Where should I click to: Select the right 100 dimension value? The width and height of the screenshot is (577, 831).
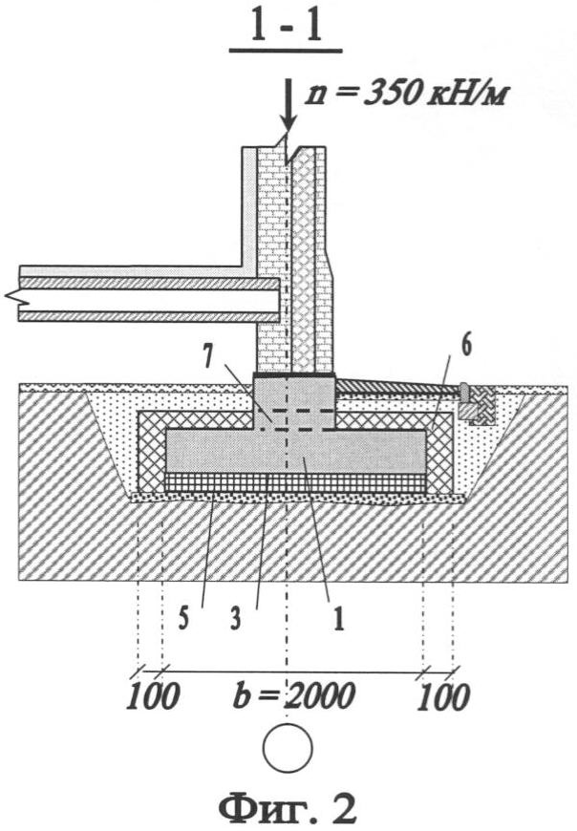click(443, 696)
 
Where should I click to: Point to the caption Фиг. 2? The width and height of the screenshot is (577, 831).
click(288, 807)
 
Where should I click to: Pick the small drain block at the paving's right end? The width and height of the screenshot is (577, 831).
click(468, 408)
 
